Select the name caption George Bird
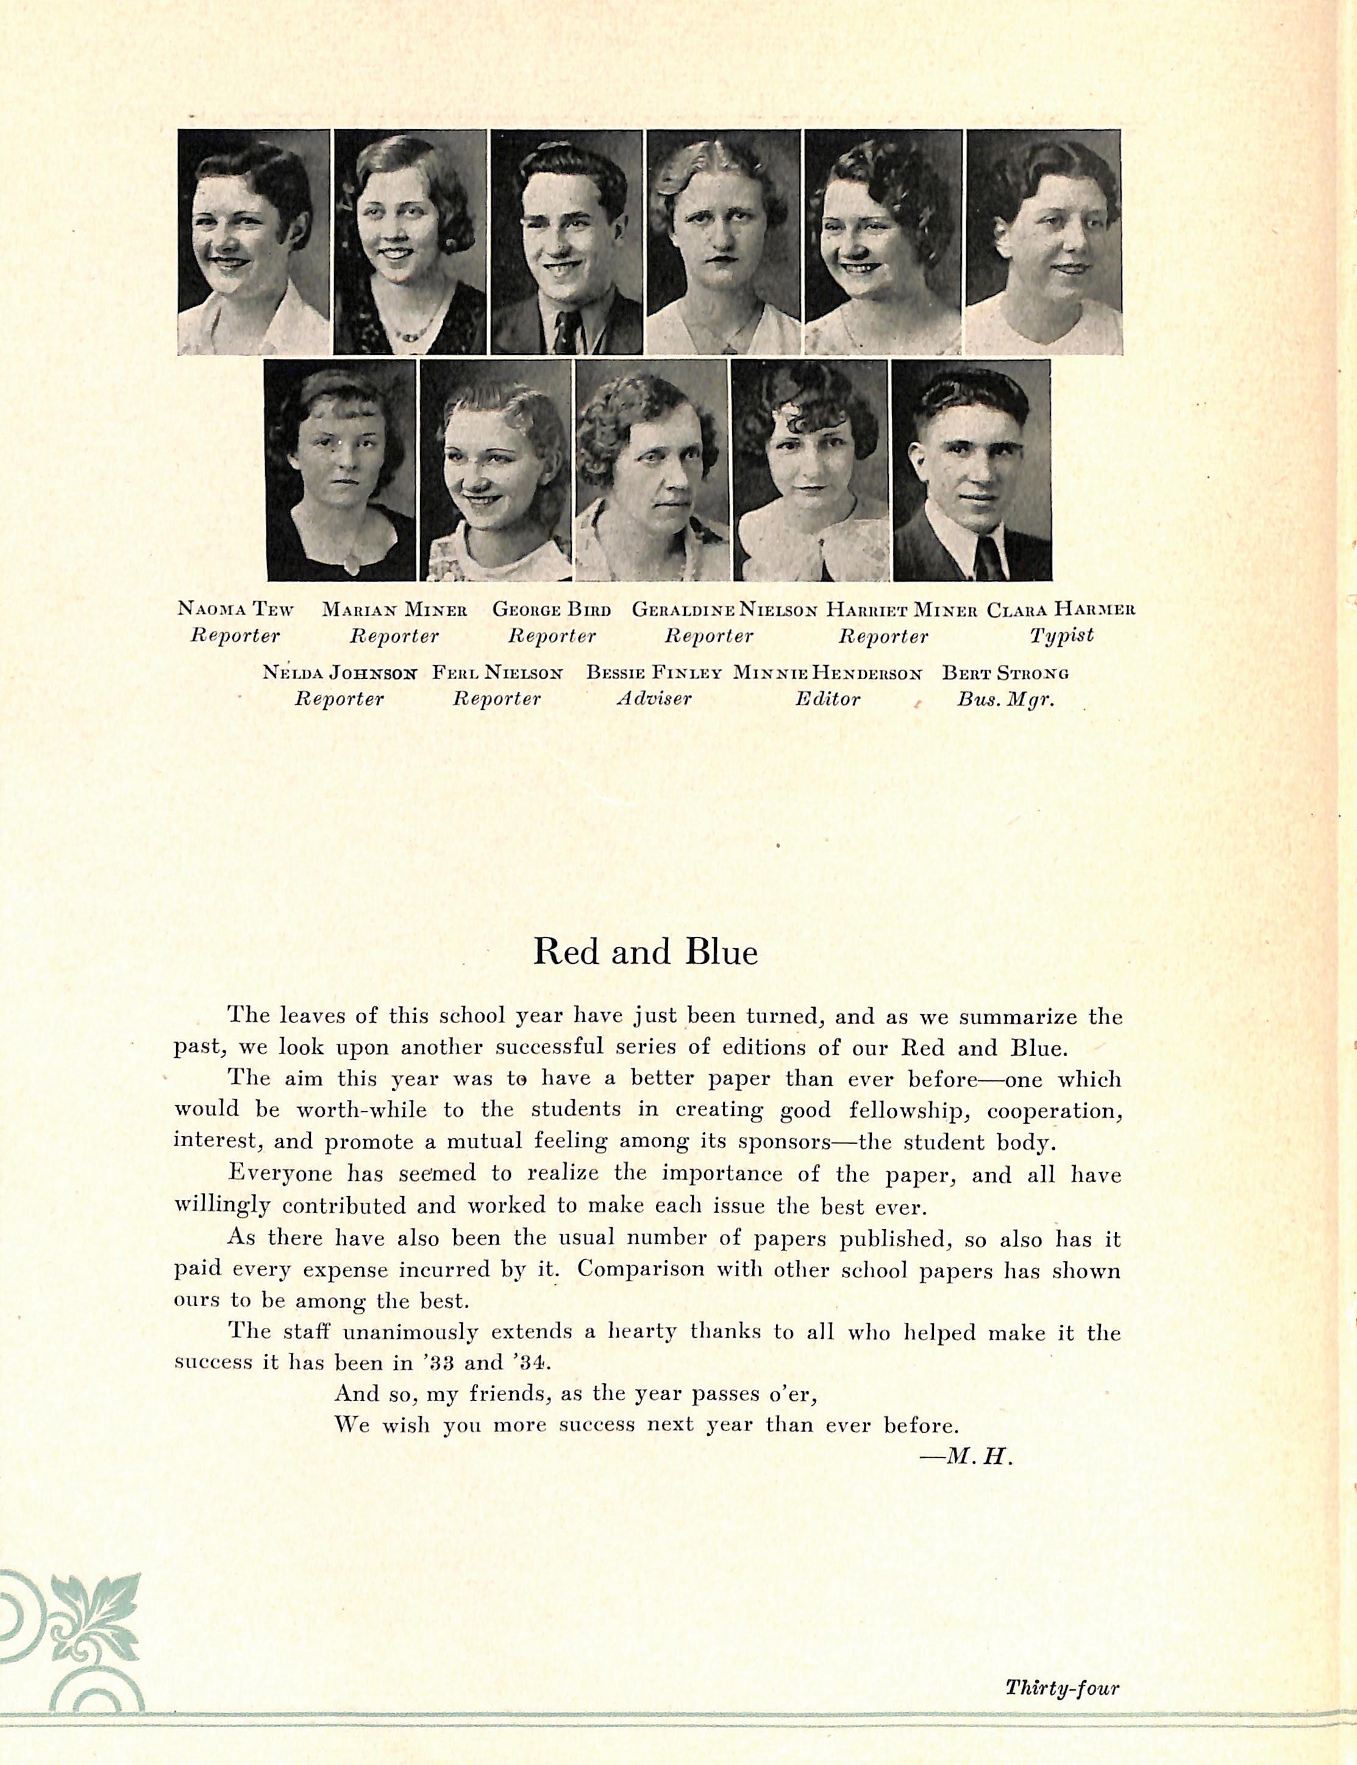[x=552, y=610]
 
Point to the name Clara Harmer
[x=1061, y=610]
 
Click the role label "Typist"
[x=1061, y=636]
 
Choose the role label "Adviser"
[x=654, y=698]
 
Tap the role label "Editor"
[x=827, y=698]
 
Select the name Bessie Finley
[x=654, y=672]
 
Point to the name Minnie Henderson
[x=827, y=672]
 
